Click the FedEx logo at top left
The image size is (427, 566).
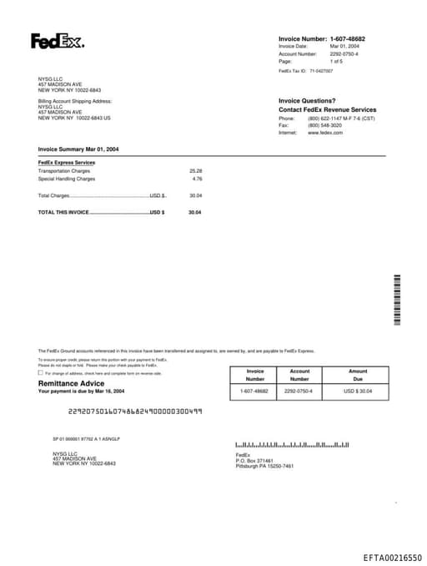(57, 41)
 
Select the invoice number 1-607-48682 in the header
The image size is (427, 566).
(347, 39)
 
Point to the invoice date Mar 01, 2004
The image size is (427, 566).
(344, 46)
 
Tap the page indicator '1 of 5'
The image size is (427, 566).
(336, 61)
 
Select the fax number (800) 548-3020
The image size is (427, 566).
(324, 125)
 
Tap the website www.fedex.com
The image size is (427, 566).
(325, 133)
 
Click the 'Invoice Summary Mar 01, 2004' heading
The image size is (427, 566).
(78, 149)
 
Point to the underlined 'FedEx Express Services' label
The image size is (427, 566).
(67, 163)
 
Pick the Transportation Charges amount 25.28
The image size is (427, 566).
(196, 170)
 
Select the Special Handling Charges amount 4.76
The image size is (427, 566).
(197, 179)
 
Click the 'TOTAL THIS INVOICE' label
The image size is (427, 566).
(63, 212)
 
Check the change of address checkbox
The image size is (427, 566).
(41, 373)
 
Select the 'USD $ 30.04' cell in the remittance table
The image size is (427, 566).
(358, 391)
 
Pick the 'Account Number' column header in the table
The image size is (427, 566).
(299, 375)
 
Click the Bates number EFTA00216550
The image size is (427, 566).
(393, 556)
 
